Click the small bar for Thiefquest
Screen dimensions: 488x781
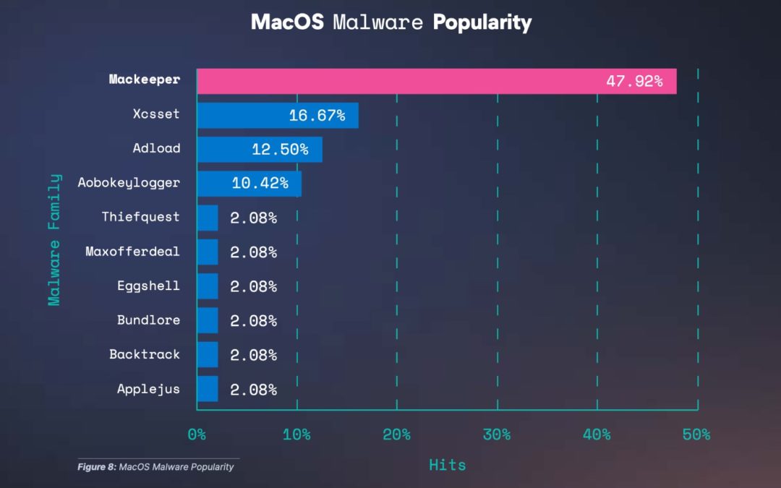[208, 218]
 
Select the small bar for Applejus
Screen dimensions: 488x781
[208, 389]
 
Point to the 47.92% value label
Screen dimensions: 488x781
[633, 81]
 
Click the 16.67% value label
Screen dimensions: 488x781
[317, 115]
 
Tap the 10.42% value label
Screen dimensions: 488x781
[260, 184]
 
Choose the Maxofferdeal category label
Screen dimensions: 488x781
[132, 252]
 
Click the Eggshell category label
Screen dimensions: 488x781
[148, 286]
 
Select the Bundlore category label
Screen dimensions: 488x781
[148, 320]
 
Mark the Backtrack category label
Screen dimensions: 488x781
[145, 354]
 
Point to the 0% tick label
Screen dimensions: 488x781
[197, 435]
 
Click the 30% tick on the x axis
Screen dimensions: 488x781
[497, 435]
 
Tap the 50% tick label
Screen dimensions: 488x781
[696, 435]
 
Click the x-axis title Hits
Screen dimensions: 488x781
[447, 465]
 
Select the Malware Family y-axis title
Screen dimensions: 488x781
[54, 239]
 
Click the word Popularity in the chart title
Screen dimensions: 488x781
[482, 22]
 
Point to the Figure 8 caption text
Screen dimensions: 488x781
[155, 467]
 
